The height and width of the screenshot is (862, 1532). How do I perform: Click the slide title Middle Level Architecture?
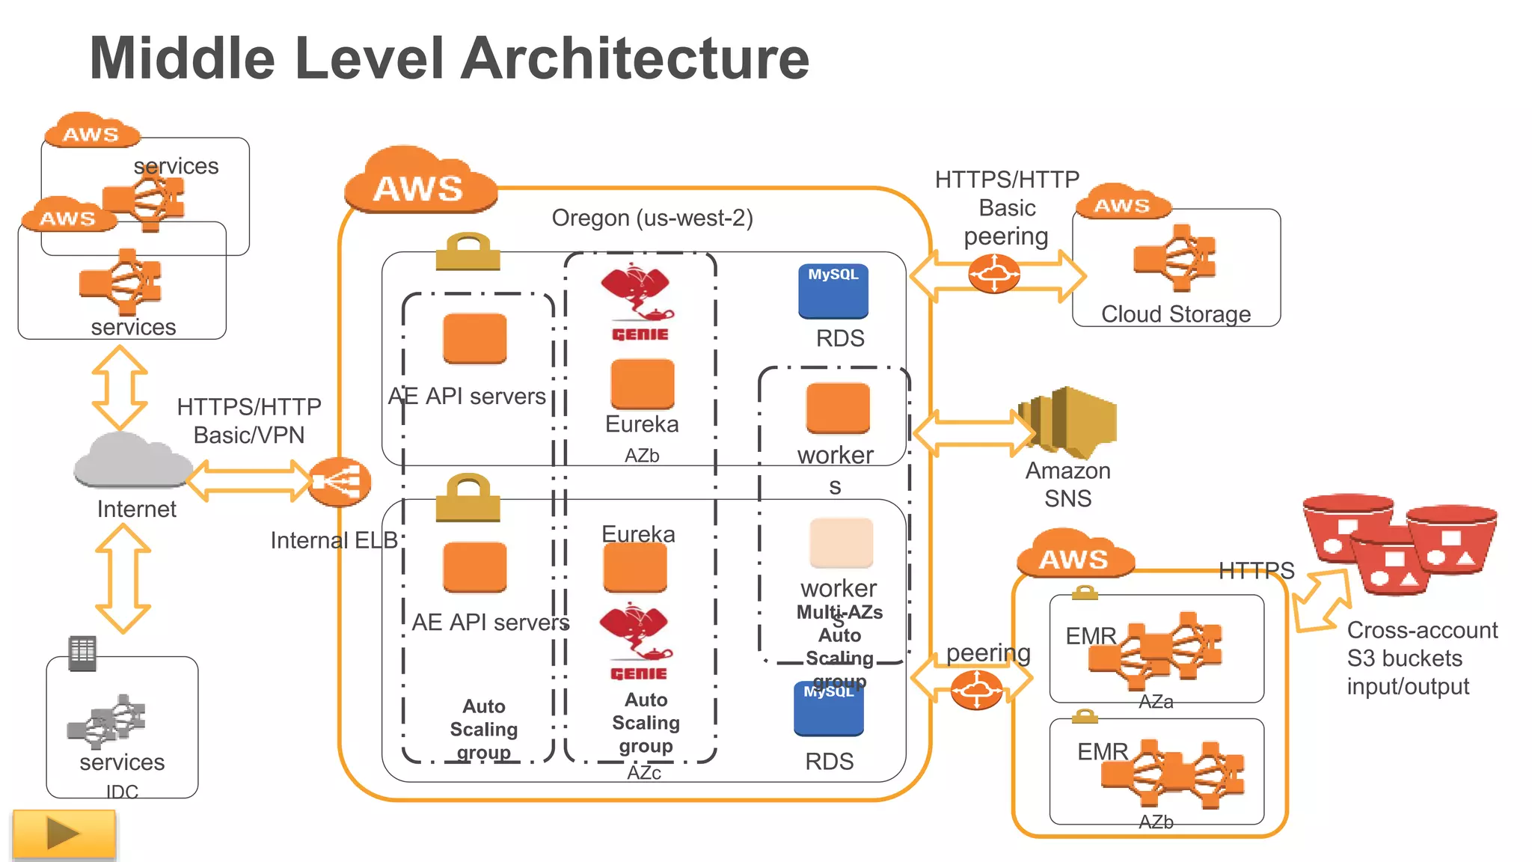pos(449,58)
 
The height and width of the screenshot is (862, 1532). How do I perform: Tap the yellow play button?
pos(64,833)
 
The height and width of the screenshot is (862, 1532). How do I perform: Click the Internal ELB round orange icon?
pos(340,482)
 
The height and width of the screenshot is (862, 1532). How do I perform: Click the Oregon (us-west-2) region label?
pos(652,218)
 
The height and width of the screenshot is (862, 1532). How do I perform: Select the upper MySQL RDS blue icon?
pos(833,291)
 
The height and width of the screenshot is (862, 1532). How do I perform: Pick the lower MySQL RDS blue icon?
pos(829,709)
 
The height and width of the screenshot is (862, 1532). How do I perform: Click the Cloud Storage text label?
pos(1175,314)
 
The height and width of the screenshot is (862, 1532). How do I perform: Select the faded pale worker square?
pos(841,543)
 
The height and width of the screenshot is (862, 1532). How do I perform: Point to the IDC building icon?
pos(82,653)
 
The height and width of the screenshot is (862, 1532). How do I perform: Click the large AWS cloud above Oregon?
pos(420,182)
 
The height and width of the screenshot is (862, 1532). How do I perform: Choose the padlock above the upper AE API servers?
pos(468,251)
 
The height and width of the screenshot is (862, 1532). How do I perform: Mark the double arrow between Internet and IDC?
pos(123,578)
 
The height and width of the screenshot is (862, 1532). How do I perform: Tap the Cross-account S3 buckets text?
pos(1421,658)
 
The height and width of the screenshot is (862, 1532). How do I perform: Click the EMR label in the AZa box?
pos(1090,636)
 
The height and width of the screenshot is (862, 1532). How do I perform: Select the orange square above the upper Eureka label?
pos(642,384)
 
